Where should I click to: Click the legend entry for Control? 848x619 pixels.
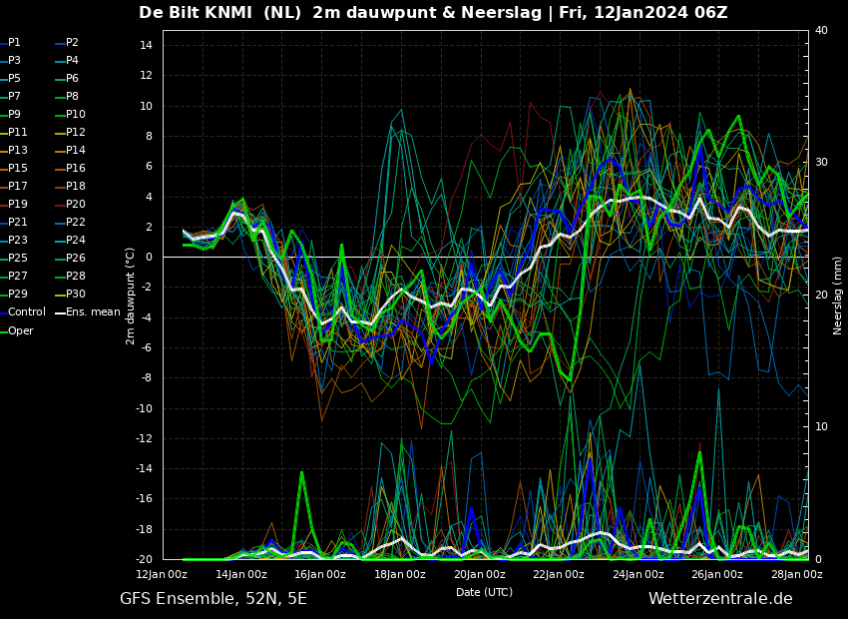(27, 312)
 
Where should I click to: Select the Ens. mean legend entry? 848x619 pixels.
(93, 312)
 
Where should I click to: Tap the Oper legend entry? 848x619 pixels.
(21, 330)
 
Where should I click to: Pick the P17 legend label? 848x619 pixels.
(18, 187)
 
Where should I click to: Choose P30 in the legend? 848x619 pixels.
(76, 295)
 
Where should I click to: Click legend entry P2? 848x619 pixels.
(72, 43)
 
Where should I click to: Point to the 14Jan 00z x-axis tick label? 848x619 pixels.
(241, 574)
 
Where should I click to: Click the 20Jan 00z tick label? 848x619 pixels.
(480, 574)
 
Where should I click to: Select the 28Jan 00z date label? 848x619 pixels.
(797, 574)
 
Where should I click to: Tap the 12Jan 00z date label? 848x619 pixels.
(162, 574)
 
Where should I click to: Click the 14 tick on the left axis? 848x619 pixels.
(145, 46)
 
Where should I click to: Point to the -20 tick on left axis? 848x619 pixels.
(143, 559)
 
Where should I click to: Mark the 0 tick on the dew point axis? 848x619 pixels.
(148, 258)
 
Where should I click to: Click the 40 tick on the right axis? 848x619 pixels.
(821, 31)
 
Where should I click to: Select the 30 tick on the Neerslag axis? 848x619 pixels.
(821, 163)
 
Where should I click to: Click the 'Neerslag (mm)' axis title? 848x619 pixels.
(838, 295)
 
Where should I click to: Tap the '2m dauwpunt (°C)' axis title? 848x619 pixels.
(131, 296)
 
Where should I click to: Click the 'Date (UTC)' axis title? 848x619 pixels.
(484, 592)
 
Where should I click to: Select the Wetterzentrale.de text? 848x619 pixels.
(720, 599)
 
